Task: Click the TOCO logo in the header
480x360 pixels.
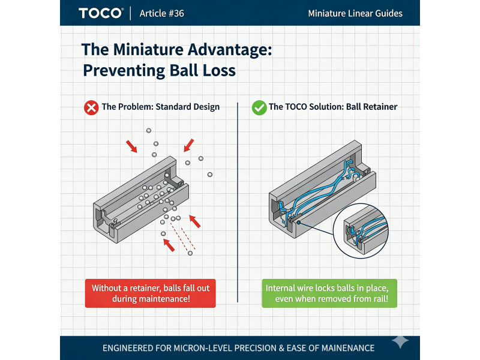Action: (x=101, y=13)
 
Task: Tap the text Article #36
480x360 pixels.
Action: (x=161, y=13)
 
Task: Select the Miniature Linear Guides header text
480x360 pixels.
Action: (x=355, y=13)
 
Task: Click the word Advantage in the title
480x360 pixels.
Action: (x=230, y=50)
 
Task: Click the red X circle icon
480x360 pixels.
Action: (x=91, y=108)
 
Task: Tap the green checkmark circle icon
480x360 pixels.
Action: (x=259, y=108)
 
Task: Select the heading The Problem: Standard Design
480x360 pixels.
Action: (x=161, y=107)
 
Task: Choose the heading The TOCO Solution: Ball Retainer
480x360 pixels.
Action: (x=333, y=107)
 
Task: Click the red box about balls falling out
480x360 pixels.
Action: (x=151, y=293)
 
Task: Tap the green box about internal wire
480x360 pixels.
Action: (x=329, y=293)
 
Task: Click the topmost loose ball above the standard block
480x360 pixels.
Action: (x=149, y=130)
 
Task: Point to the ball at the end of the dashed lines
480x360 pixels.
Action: (x=190, y=253)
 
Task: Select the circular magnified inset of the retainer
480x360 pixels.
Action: (x=361, y=231)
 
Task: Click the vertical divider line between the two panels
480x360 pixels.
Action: (x=238, y=202)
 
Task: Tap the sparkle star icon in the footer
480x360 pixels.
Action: (x=400, y=341)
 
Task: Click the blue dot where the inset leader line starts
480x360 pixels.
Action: (x=298, y=223)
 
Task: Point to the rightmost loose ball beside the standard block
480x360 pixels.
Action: (x=210, y=175)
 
